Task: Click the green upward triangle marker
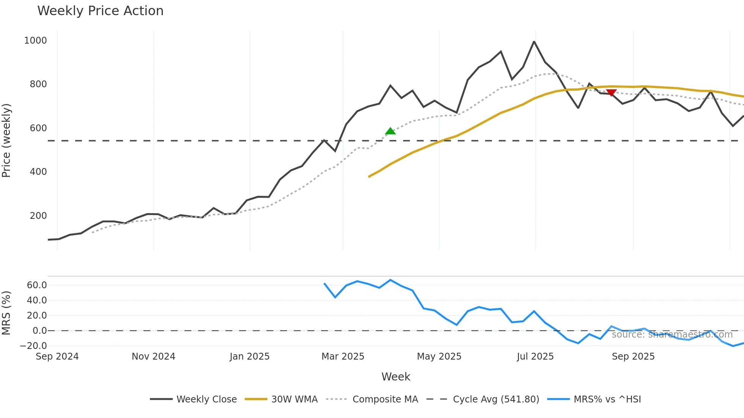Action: (390, 131)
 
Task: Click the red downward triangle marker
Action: (611, 93)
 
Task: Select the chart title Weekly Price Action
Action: (100, 11)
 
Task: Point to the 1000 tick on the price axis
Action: (35, 41)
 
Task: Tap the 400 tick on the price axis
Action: (38, 172)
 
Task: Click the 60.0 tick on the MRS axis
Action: (36, 285)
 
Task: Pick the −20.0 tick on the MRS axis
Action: (33, 346)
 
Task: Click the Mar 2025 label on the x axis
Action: (343, 357)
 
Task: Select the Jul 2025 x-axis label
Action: (535, 357)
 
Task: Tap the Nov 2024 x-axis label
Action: (153, 357)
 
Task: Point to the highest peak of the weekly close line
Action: (534, 42)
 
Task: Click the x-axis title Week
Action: (396, 377)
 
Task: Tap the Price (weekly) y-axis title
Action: (6, 140)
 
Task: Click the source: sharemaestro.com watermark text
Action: (672, 335)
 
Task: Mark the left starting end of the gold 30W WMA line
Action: (369, 177)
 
